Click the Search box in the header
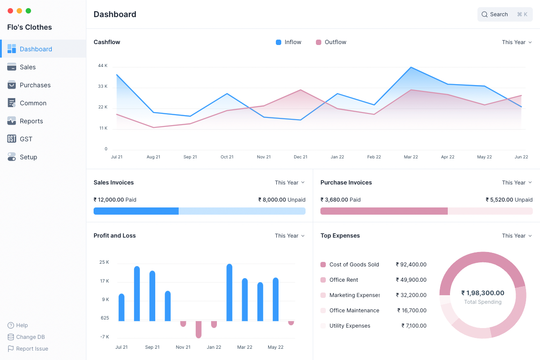tap(504, 14)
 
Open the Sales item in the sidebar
tap(27, 67)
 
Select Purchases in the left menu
tap(35, 85)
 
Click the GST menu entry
tap(26, 139)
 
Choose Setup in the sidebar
tap(28, 157)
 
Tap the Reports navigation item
tap(31, 121)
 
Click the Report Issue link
tap(31, 349)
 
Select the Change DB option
tap(30, 337)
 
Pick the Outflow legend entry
tap(335, 42)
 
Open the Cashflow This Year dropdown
tap(517, 42)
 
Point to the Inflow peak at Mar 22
tap(411, 67)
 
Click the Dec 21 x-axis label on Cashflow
tap(301, 157)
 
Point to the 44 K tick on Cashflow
tap(103, 66)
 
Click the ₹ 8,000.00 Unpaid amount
tap(282, 200)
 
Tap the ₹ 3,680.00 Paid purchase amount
tap(340, 200)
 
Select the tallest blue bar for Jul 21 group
tap(137, 293)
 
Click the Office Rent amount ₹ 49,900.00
tap(411, 280)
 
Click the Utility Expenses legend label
tap(350, 326)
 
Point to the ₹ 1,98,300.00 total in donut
tap(483, 293)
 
